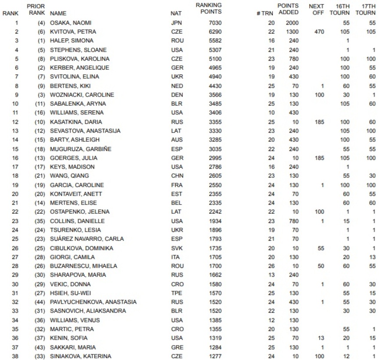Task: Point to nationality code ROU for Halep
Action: pyautogui.click(x=177, y=41)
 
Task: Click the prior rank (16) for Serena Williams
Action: pyautogui.click(x=39, y=113)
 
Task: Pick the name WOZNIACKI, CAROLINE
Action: pyautogui.click(x=82, y=95)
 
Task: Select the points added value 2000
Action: pyautogui.click(x=292, y=23)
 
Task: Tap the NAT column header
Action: pyautogui.click(x=176, y=13)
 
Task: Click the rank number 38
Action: pyautogui.click(x=17, y=356)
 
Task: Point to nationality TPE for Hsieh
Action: pyautogui.click(x=176, y=293)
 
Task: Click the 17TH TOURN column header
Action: pyautogui.click(x=365, y=9)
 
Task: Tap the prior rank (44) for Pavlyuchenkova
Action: pyautogui.click(x=39, y=302)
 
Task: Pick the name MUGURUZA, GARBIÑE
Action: pyautogui.click(x=81, y=149)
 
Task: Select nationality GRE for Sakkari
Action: pyautogui.click(x=177, y=347)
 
